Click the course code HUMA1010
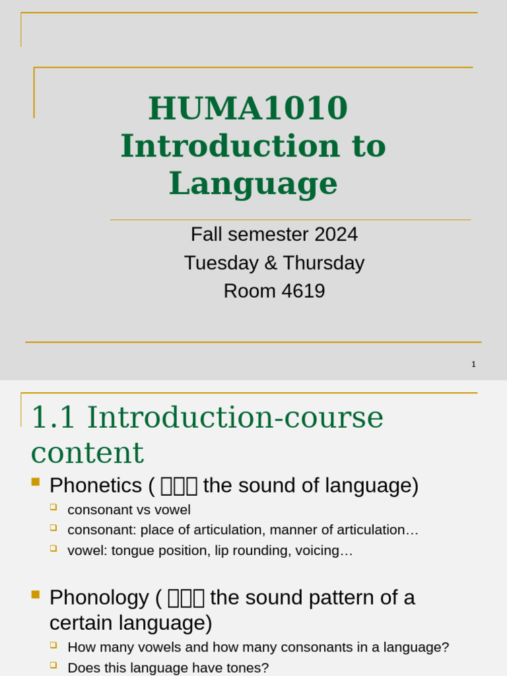[248, 108]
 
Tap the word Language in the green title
[253, 184]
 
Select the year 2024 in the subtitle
[336, 234]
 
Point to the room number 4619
[303, 291]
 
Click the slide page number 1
[473, 364]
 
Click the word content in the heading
[87, 453]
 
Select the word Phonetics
[96, 486]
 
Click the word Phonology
[99, 597]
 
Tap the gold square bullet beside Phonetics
[36, 481]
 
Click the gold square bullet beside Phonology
[36, 594]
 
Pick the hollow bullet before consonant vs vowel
[53, 507]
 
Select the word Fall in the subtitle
[204, 234]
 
